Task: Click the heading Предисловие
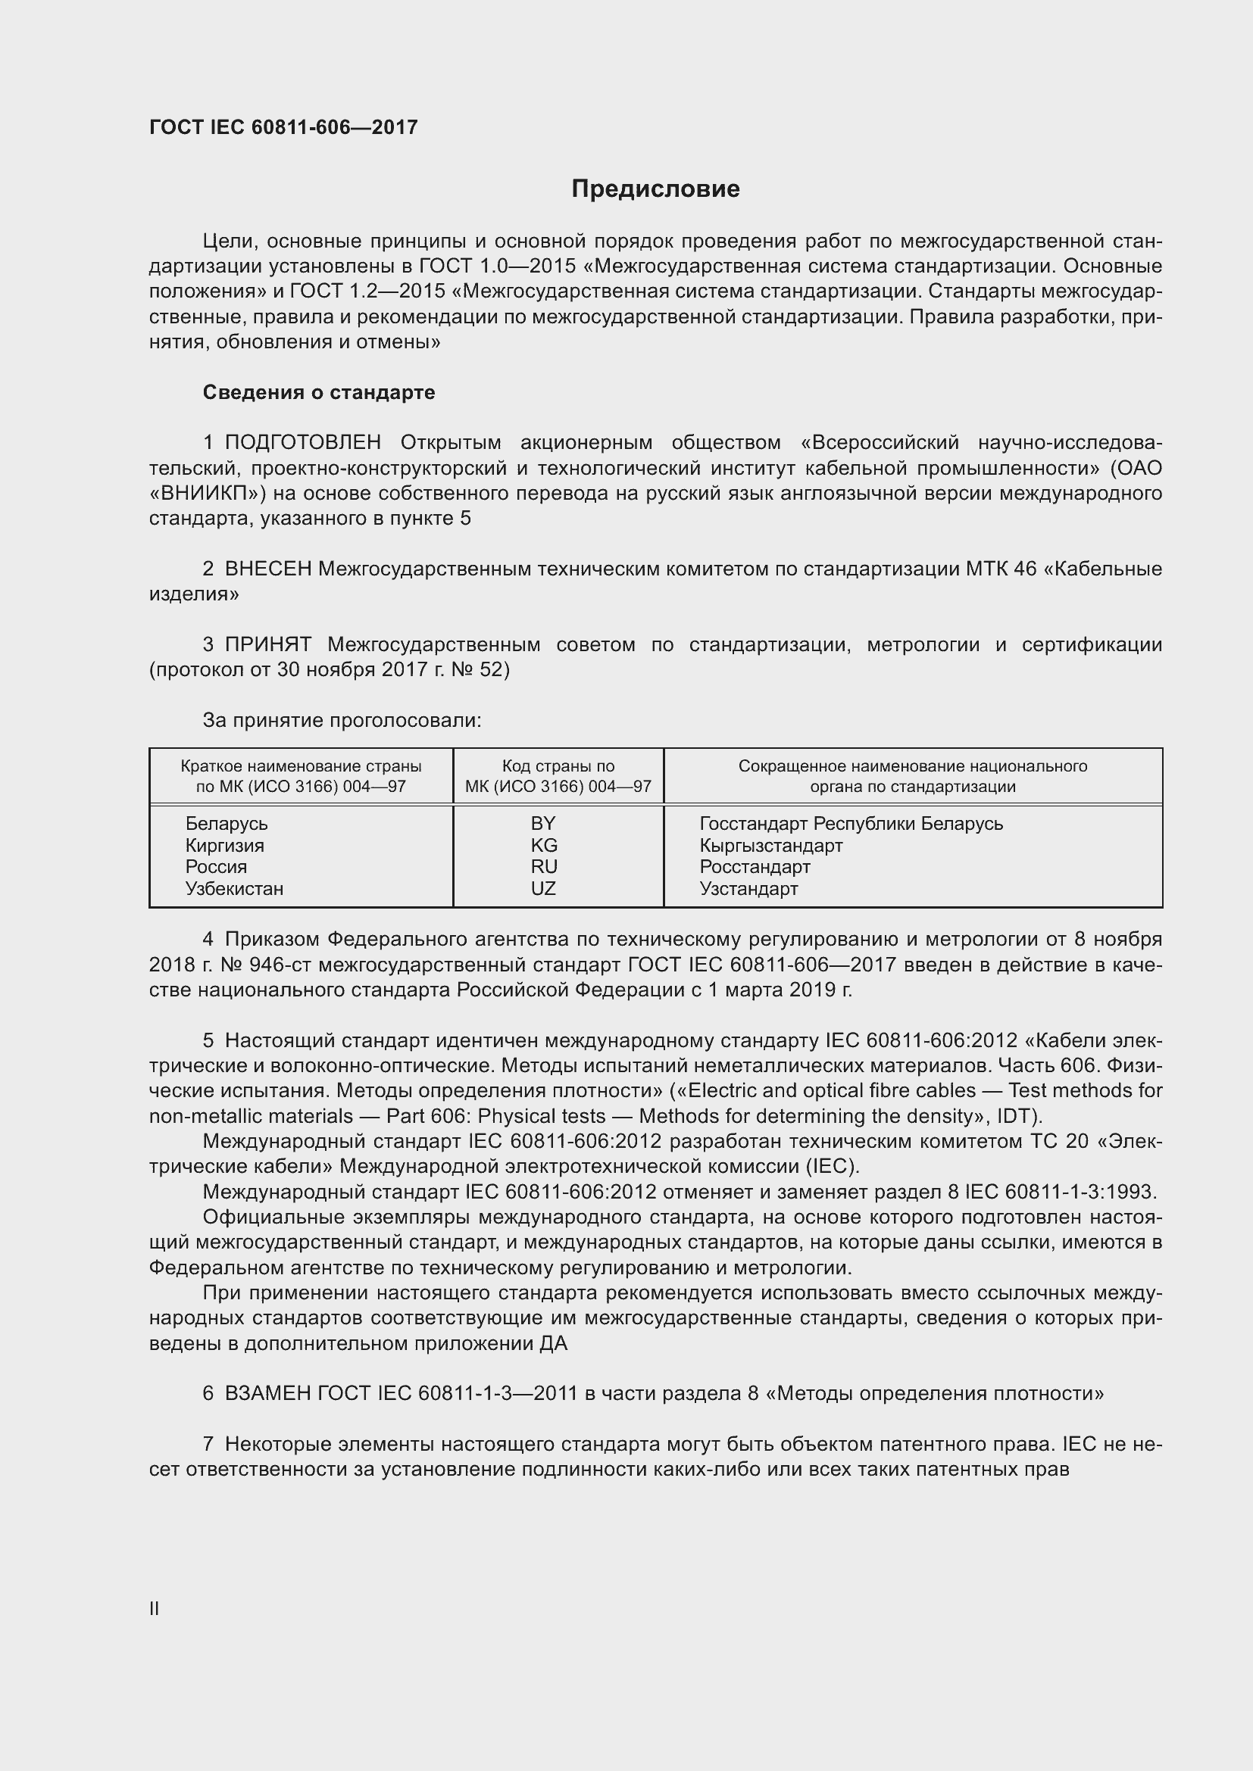655,189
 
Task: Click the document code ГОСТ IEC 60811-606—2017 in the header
283,127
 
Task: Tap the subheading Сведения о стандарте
319,393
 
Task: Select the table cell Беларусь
226,824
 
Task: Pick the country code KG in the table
543,846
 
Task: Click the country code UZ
543,889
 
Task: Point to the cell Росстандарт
755,867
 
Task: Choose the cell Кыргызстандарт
770,846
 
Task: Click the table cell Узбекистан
234,889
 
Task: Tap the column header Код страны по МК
558,776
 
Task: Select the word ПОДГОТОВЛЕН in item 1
302,443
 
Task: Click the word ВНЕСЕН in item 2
267,569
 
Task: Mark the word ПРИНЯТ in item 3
267,645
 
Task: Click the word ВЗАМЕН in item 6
267,1394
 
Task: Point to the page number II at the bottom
155,1608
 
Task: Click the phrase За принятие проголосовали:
342,720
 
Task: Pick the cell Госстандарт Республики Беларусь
851,824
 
